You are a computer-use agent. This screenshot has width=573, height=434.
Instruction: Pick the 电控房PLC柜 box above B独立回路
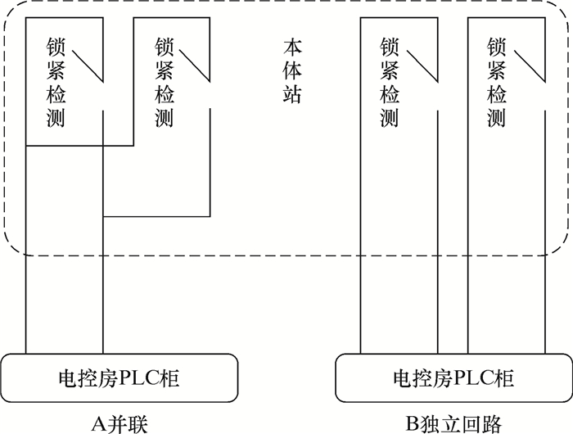click(x=454, y=378)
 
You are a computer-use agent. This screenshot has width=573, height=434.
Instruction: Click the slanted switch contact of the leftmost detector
click(x=88, y=66)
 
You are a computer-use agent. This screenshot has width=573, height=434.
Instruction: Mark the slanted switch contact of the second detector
click(x=196, y=66)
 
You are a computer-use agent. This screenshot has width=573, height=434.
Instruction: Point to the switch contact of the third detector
click(x=421, y=66)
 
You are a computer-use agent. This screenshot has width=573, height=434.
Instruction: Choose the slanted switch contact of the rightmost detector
click(x=527, y=66)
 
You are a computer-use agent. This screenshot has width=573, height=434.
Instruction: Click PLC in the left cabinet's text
click(x=142, y=378)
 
